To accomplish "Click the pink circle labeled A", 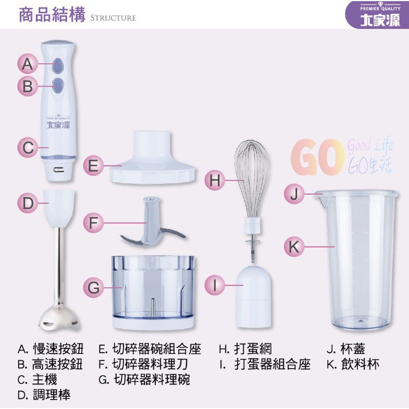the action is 28,64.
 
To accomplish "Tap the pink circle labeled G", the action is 93,288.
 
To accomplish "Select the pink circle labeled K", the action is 294,246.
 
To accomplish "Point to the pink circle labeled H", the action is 215,180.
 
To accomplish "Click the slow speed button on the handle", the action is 58,65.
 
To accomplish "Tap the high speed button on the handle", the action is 58,85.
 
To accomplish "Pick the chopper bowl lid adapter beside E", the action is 152,158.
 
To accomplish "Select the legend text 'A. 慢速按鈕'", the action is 51,349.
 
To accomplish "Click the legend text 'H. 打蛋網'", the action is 245,349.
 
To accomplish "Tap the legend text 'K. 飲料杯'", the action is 353,364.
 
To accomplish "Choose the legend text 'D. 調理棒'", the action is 44,395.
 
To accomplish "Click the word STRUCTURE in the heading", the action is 113,18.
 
